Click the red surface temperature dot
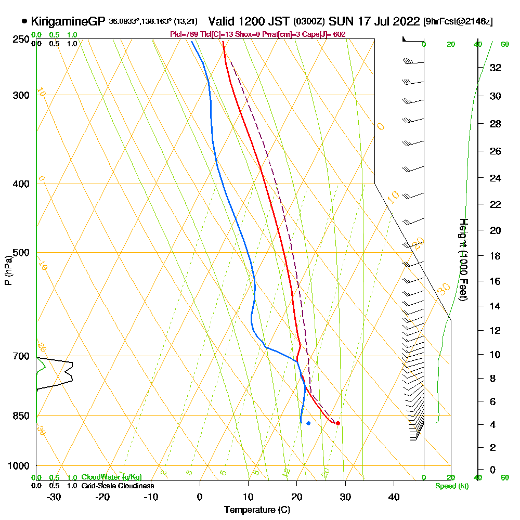coord(338,423)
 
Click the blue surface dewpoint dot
coord(308,423)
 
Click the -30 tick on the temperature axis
coord(54,496)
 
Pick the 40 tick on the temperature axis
coord(394,496)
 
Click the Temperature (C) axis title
coord(257,510)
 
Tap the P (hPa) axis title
coord(8,270)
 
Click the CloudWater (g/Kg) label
coord(111,477)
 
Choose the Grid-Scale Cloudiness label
coord(117,486)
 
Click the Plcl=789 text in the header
coord(181,34)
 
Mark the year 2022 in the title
coord(406,21)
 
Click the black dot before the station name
coord(24,21)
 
